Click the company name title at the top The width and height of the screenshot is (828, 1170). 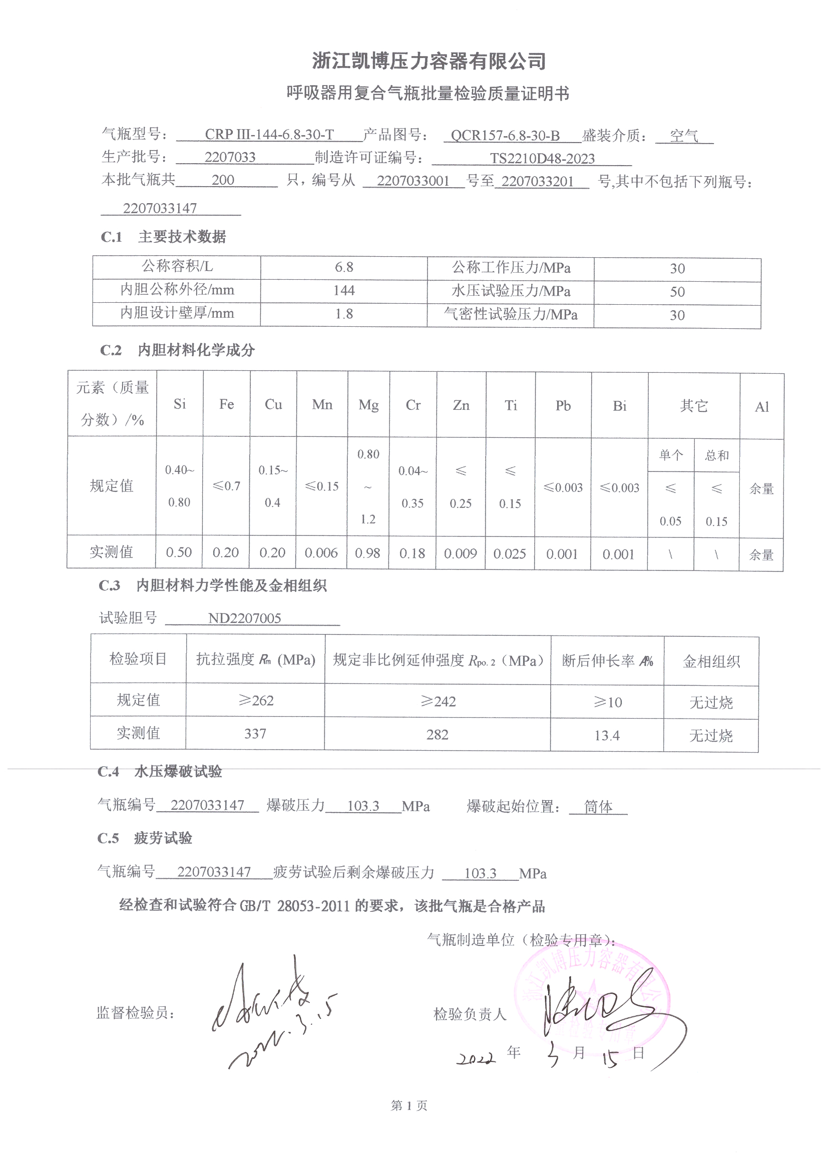click(429, 62)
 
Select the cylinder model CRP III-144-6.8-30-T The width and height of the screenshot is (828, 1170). click(269, 135)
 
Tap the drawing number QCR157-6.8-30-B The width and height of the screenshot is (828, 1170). click(505, 136)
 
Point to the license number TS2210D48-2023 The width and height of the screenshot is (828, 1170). click(542, 159)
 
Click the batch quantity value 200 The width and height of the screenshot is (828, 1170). click(223, 180)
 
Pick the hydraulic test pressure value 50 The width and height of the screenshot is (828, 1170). click(677, 292)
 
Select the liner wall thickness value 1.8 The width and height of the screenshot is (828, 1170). click(343, 314)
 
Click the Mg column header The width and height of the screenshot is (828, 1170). click(368, 405)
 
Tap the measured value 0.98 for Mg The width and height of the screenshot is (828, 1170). click(367, 553)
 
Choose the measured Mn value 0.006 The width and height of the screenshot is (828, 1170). click(321, 553)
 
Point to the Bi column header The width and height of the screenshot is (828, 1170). click(619, 406)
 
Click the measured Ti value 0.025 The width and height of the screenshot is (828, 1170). click(510, 554)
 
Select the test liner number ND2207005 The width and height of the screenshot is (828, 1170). click(244, 619)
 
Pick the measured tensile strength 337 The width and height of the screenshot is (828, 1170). click(255, 734)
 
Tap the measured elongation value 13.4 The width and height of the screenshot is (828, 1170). click(607, 736)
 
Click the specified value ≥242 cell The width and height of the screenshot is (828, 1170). click(438, 702)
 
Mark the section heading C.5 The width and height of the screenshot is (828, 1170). click(108, 838)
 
